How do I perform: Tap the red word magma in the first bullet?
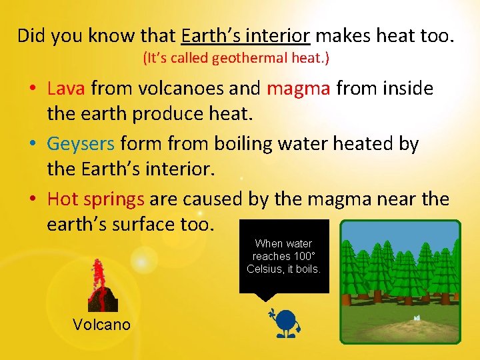click(x=298, y=89)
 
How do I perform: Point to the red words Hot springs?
click(x=96, y=199)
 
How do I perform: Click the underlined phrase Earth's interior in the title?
click(x=245, y=35)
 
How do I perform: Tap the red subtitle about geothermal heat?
click(x=236, y=59)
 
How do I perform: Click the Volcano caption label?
click(x=101, y=325)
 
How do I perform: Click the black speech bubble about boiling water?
click(x=284, y=257)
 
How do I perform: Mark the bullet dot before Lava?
click(x=32, y=89)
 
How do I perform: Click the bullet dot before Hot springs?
click(x=32, y=200)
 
